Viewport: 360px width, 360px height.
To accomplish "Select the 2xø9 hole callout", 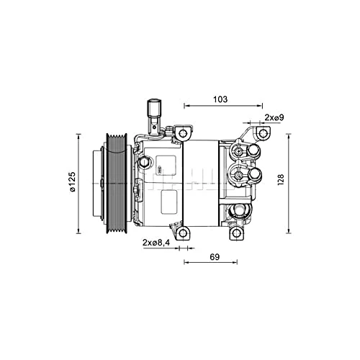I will [x=273, y=117].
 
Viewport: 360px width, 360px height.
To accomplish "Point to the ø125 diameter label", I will [x=72, y=182].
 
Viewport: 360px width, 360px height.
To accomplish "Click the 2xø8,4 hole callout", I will [x=156, y=243].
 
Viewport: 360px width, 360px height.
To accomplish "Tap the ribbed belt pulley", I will [x=117, y=183].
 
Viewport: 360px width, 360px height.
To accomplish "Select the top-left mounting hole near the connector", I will [x=183, y=134].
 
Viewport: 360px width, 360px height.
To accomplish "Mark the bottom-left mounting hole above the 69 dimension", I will [x=183, y=232].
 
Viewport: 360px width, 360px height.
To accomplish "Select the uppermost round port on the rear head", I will [x=253, y=150].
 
